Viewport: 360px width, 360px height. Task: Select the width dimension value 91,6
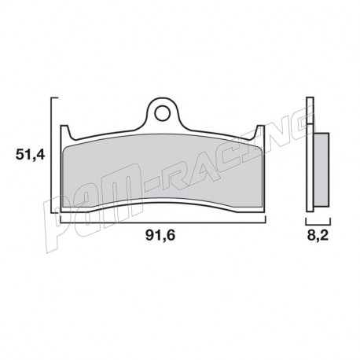pos(161,233)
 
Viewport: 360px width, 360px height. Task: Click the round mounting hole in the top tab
pos(161,113)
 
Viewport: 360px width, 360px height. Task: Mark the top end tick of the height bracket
pos(55,98)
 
